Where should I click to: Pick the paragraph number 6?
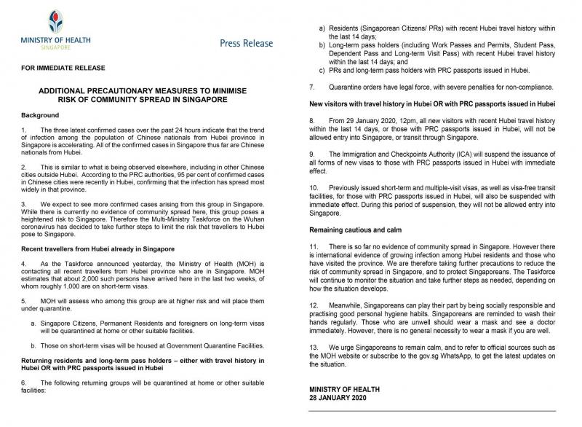pos(25,383)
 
